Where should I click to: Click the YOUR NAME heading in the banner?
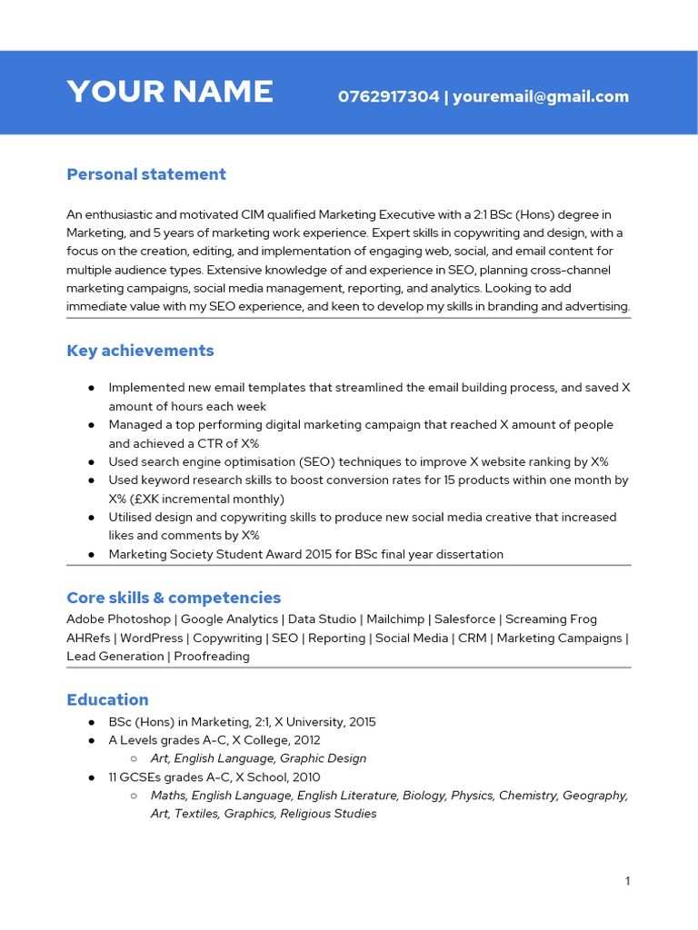pos(170,92)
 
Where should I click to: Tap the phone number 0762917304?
pos(388,96)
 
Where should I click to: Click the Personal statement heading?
pos(146,174)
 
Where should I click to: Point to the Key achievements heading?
pos(140,351)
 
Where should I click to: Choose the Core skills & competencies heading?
pos(174,598)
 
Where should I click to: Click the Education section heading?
pos(107,699)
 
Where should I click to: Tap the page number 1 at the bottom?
pos(627,880)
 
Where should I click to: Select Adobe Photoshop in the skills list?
pos(118,619)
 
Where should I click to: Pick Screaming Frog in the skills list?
pos(551,619)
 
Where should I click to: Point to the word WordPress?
pos(152,638)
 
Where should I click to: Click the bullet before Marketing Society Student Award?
pos(92,554)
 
